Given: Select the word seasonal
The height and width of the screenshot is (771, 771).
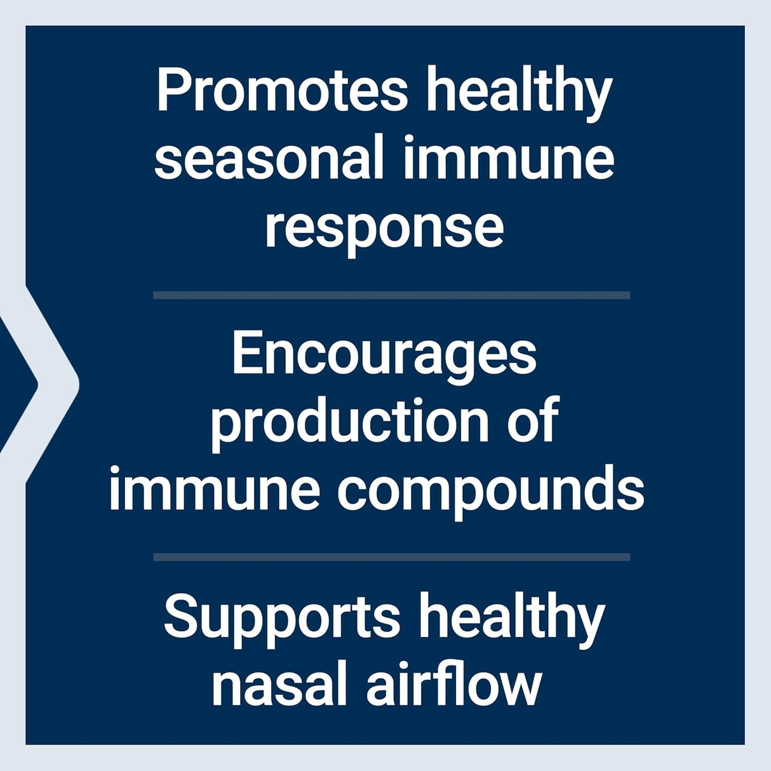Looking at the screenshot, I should click(269, 158).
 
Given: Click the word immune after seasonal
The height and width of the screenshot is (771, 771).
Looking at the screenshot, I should click(508, 158).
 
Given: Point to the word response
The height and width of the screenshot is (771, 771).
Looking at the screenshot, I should click(384, 229).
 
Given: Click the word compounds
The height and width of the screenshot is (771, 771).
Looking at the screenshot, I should click(490, 492).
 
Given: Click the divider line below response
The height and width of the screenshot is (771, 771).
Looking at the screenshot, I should click(391, 295).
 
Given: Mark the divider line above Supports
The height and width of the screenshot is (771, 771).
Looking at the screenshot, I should click(391, 557).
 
